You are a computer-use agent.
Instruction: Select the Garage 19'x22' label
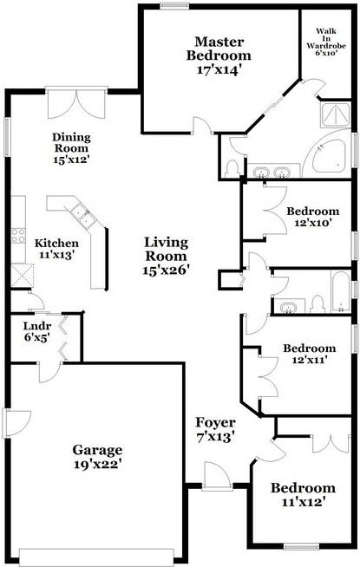coord(96,457)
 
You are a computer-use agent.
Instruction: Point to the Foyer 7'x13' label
coord(216,430)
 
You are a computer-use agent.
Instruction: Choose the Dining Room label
coord(71,148)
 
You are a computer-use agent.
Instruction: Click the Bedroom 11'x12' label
coord(303,494)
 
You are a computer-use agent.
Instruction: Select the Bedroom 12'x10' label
coord(312,217)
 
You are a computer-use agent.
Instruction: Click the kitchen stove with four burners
coord(17,234)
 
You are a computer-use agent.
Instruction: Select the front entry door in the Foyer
coord(213,476)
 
